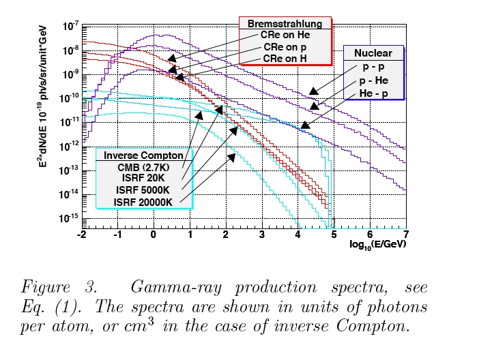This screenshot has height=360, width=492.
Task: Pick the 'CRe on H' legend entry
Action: [x=285, y=59]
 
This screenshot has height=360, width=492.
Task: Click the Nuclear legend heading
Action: [x=373, y=53]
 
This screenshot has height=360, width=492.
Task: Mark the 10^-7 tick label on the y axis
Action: [x=70, y=27]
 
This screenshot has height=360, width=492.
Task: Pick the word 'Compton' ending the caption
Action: [x=375, y=327]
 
